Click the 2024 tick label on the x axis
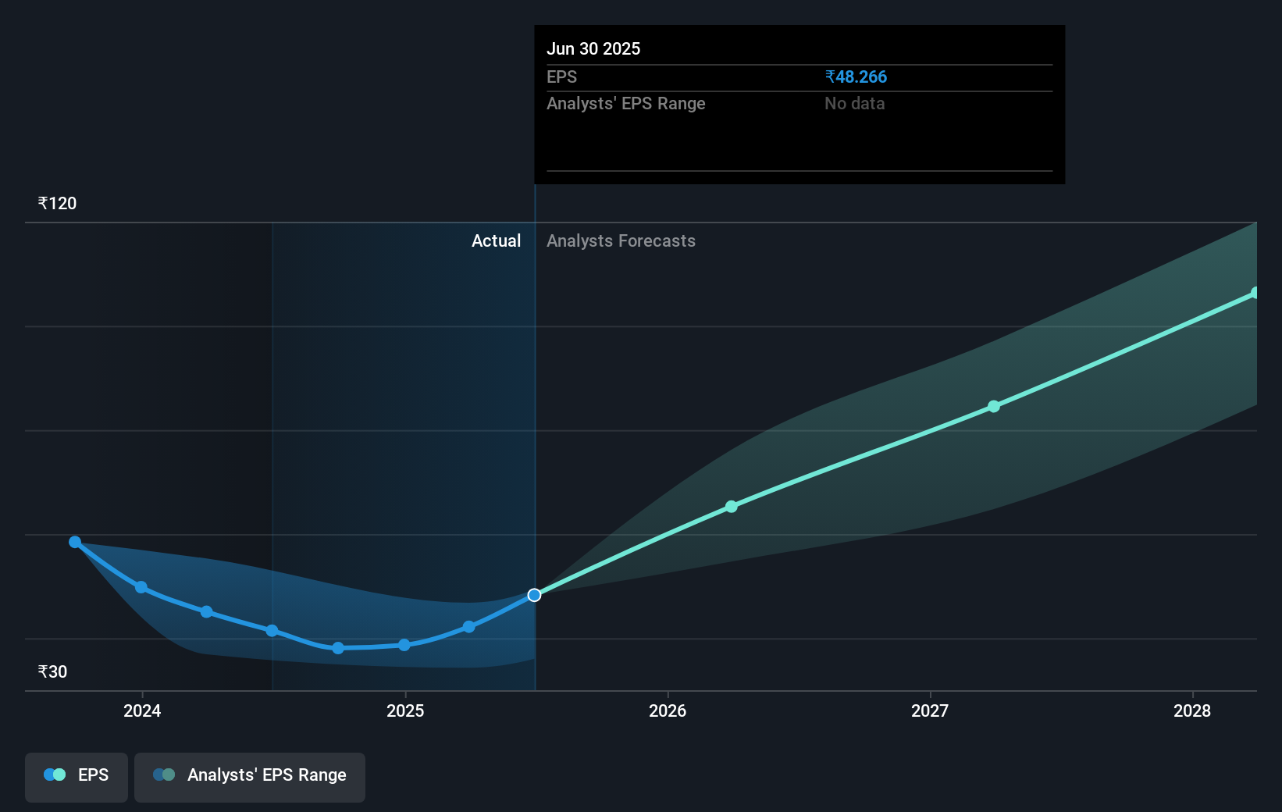tap(142, 710)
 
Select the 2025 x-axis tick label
tap(405, 710)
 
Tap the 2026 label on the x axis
tap(668, 710)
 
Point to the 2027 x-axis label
tap(930, 710)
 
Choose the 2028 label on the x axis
tap(1192, 710)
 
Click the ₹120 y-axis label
tap(57, 204)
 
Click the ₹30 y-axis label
tap(52, 672)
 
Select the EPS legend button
tap(77, 775)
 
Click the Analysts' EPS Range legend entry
tap(250, 775)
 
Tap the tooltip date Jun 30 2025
tap(593, 49)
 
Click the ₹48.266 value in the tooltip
tap(856, 77)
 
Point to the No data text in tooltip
tap(854, 104)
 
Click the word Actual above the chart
tap(496, 241)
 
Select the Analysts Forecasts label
tap(621, 241)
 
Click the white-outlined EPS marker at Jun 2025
tap(534, 595)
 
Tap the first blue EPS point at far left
tap(75, 542)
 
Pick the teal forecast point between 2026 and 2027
tap(732, 507)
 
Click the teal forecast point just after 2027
tap(994, 406)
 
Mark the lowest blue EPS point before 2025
tap(338, 648)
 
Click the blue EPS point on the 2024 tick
tap(141, 587)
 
